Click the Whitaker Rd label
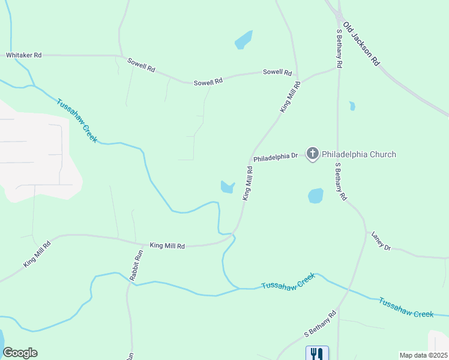point(23,55)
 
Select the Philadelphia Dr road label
point(275,157)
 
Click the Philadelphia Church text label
point(359,154)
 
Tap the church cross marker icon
point(312,154)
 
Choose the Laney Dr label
point(381,241)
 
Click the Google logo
point(20,353)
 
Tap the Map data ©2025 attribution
point(423,355)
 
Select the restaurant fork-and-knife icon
point(317,353)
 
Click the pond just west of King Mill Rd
point(227,187)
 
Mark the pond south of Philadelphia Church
point(315,196)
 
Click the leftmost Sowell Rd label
point(141,65)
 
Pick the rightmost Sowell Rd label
point(277,72)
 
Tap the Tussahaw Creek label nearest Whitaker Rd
point(77,119)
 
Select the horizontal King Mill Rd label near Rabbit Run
point(167,245)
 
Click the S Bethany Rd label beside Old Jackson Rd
point(339,47)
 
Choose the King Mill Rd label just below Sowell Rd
point(290,97)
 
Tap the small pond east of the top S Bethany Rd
point(352,106)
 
